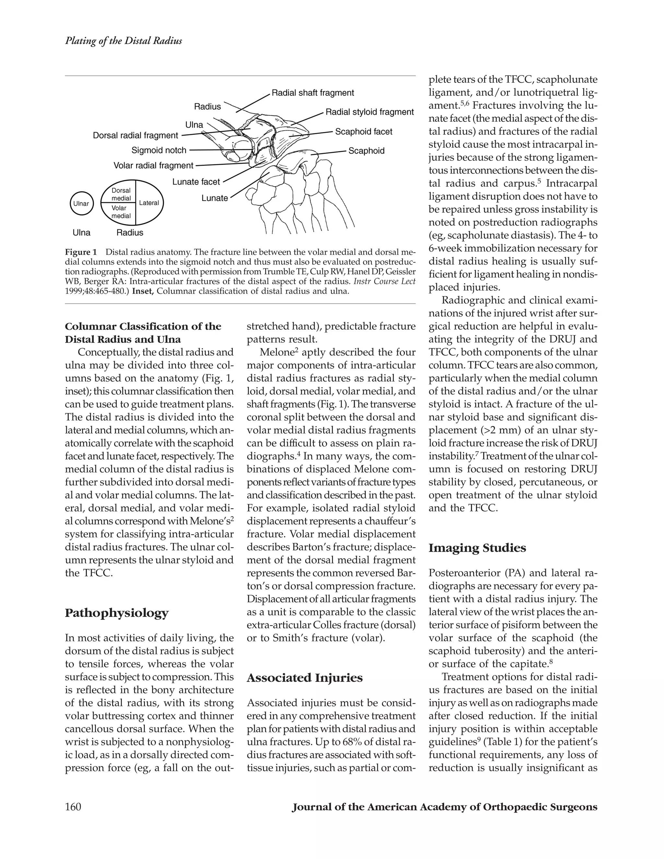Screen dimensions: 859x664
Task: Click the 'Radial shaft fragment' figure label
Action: (313, 93)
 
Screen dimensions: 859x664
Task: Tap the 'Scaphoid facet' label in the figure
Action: (363, 132)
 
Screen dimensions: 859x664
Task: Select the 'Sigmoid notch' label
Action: (159, 150)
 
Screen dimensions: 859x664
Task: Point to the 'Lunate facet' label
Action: (196, 182)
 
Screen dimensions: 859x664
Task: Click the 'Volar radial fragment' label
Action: (153, 166)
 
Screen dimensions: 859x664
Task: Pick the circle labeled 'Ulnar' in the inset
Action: (81, 203)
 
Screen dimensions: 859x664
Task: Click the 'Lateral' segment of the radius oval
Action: (149, 203)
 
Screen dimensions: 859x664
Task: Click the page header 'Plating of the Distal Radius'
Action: (123, 41)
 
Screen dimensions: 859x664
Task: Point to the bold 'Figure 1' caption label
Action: (81, 252)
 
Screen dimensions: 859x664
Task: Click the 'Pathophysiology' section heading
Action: (116, 613)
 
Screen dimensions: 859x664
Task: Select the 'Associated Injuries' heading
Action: (304, 678)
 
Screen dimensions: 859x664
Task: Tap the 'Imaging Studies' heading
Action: (477, 548)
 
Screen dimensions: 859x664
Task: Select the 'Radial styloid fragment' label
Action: (369, 112)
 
